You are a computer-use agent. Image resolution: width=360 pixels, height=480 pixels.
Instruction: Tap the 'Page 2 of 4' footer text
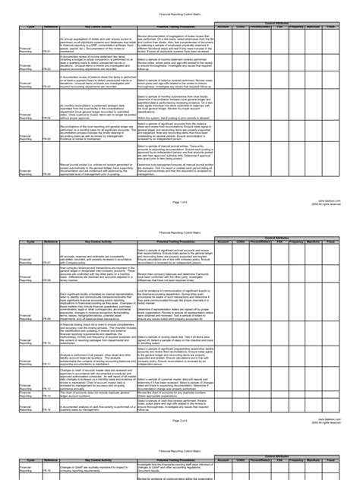coord(180,420)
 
